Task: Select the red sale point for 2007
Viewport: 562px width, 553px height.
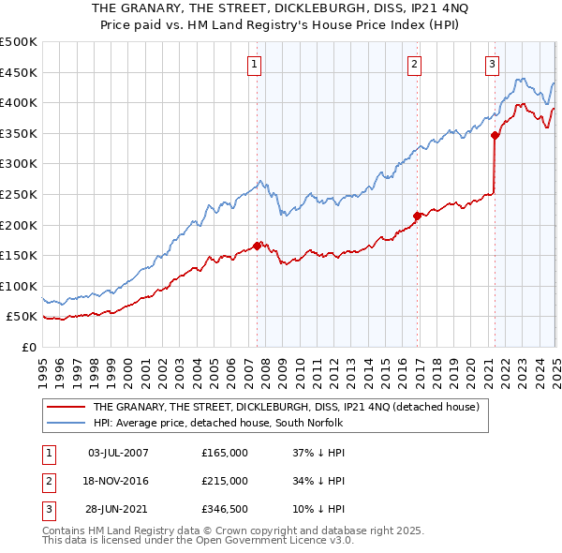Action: pyautogui.click(x=257, y=247)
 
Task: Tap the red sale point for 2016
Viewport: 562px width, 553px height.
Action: pyautogui.click(x=418, y=216)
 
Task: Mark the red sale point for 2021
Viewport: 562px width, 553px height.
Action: pyautogui.click(x=495, y=136)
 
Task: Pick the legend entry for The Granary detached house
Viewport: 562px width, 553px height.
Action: pyautogui.click(x=286, y=407)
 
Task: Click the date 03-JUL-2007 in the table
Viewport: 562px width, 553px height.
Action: pyautogui.click(x=118, y=453)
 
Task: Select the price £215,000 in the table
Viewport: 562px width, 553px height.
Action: pyautogui.click(x=225, y=481)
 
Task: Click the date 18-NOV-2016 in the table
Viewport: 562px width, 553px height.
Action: pyautogui.click(x=118, y=481)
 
